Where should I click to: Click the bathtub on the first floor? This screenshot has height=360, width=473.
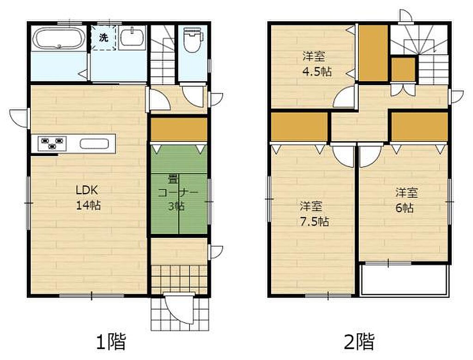(x=59, y=38)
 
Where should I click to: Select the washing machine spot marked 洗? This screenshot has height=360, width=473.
(x=104, y=37)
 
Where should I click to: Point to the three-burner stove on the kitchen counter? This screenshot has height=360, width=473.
(x=52, y=143)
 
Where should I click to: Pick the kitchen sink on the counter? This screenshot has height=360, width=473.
(x=94, y=143)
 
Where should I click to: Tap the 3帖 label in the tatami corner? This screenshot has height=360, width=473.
(x=176, y=207)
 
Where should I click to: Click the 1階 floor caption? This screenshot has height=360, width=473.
(x=111, y=342)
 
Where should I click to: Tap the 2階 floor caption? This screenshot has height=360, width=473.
(x=359, y=342)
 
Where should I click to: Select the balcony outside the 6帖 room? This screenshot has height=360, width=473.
(x=405, y=280)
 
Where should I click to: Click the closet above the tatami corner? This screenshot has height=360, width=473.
(x=179, y=129)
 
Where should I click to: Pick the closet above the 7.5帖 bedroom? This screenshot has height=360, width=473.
(x=299, y=127)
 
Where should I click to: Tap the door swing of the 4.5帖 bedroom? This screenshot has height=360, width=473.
(x=344, y=97)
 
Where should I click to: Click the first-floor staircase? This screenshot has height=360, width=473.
(x=163, y=55)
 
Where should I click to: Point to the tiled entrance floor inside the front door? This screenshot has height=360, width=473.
(x=179, y=280)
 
